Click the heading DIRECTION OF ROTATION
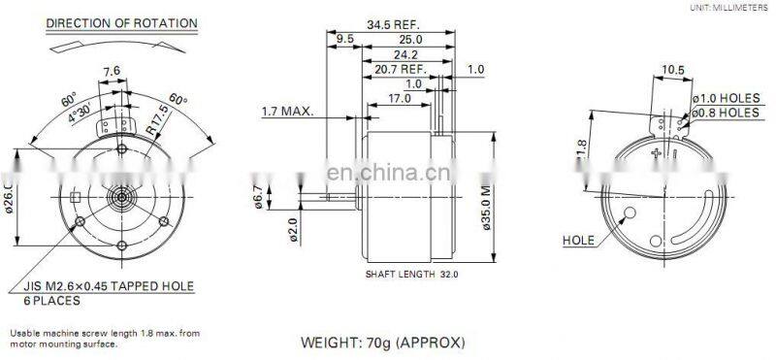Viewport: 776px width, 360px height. tap(121, 22)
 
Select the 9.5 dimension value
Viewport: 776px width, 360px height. tap(345, 39)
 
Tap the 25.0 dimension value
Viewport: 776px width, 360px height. tap(410, 39)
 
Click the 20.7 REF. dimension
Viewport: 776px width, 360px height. tap(401, 70)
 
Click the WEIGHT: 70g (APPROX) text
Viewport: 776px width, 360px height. tap(383, 343)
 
